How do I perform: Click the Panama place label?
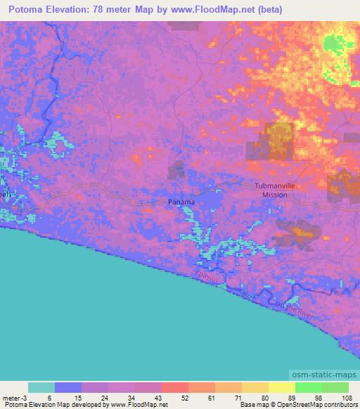(181, 202)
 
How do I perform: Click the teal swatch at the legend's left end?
(41, 387)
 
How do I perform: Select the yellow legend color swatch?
(282, 387)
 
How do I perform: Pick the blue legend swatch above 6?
(68, 387)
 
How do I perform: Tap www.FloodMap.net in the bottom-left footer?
(137, 405)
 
